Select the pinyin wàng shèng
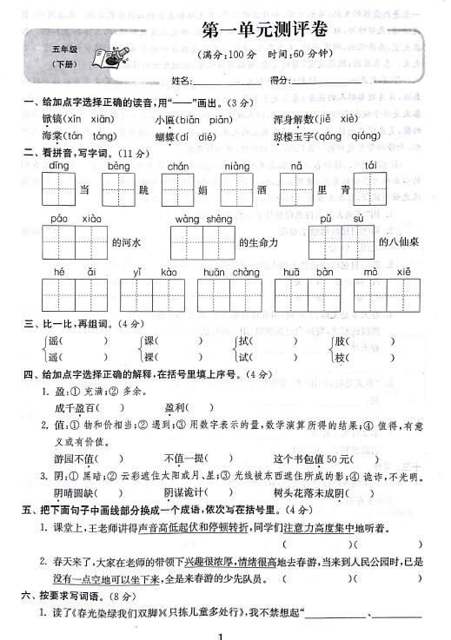[202, 220]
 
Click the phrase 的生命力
[258, 243]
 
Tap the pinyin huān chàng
[231, 273]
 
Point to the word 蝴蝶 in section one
[166, 136]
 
